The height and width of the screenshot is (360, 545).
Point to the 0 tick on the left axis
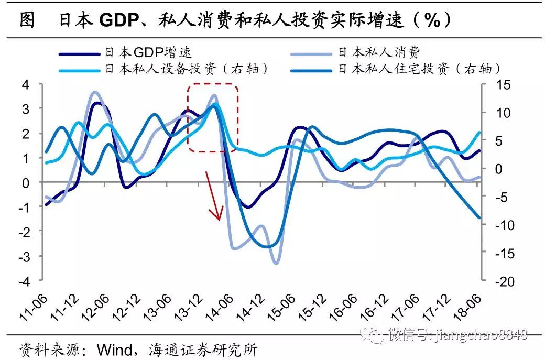[x=26, y=182]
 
